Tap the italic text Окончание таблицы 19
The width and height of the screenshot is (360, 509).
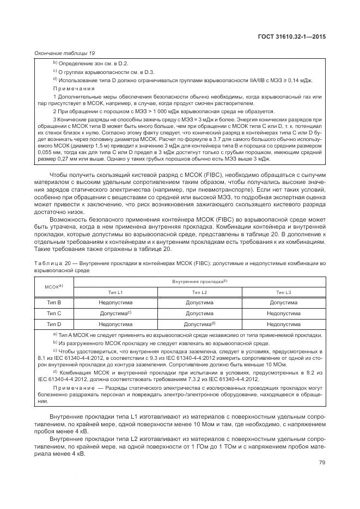click(x=64, y=53)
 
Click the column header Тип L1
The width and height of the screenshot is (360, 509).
click(x=115, y=292)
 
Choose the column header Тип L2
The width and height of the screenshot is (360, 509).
click(x=199, y=292)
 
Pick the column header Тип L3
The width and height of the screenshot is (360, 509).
click(x=283, y=292)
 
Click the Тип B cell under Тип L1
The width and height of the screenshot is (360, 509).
click(x=115, y=303)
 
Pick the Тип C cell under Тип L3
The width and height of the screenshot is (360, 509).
click(x=283, y=314)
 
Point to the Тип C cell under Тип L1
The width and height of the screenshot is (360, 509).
click(x=115, y=314)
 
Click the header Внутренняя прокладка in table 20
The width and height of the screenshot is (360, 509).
click(x=199, y=281)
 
